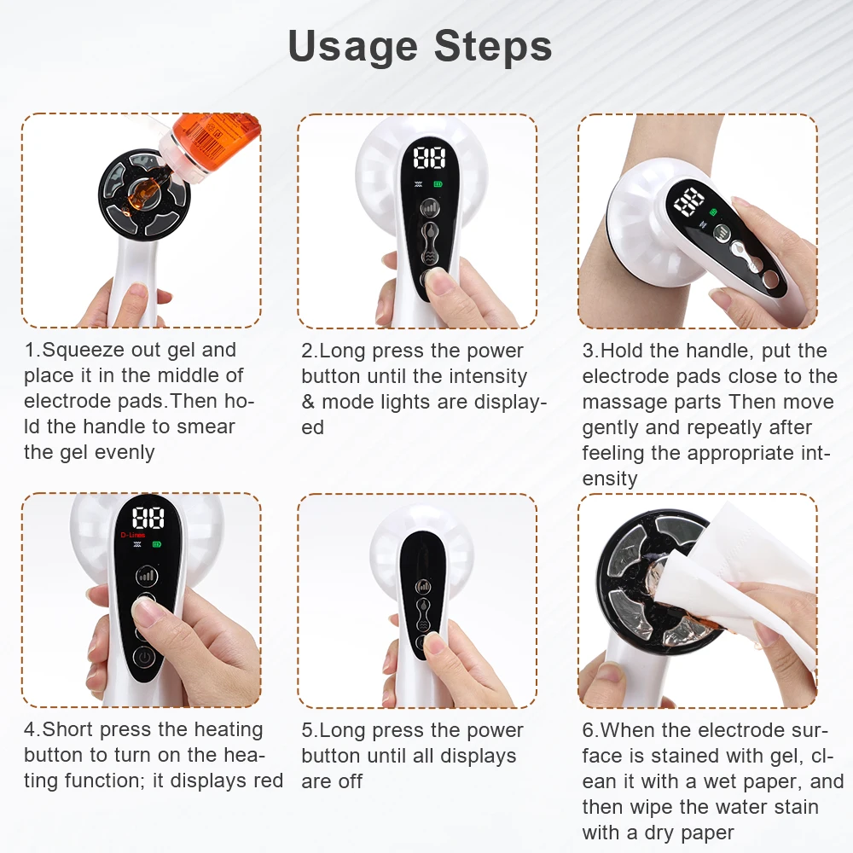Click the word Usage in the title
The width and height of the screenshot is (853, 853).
click(353, 46)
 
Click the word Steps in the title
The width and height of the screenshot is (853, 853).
click(493, 46)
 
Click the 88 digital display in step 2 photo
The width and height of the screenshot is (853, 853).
click(430, 159)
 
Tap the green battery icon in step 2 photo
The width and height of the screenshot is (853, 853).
click(439, 183)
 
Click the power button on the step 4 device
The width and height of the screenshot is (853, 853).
click(145, 659)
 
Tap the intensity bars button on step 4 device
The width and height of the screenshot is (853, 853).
click(148, 576)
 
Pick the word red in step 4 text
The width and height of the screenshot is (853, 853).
click(267, 780)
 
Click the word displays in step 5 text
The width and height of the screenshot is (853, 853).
click(479, 756)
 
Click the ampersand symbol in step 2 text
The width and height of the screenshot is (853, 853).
click(308, 402)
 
